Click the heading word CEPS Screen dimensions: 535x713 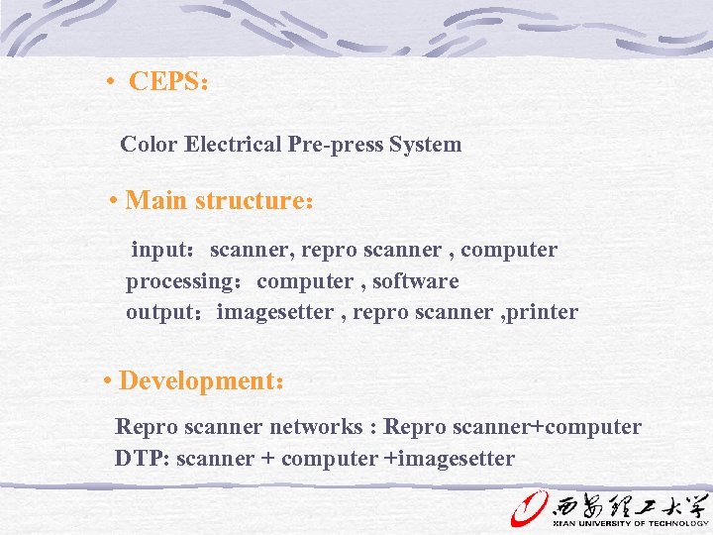164,81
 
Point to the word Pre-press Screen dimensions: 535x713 336,145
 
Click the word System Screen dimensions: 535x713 426,145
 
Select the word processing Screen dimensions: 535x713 177,282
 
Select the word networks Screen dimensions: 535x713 315,428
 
